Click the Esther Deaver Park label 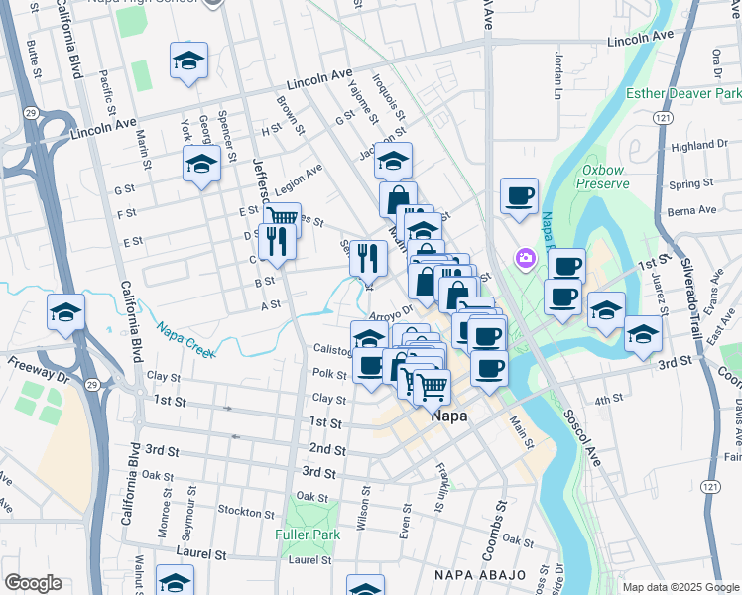click(683, 93)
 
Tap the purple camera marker click(525, 259)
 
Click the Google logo click(33, 583)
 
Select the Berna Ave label click(692, 210)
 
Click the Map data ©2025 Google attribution click(680, 587)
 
